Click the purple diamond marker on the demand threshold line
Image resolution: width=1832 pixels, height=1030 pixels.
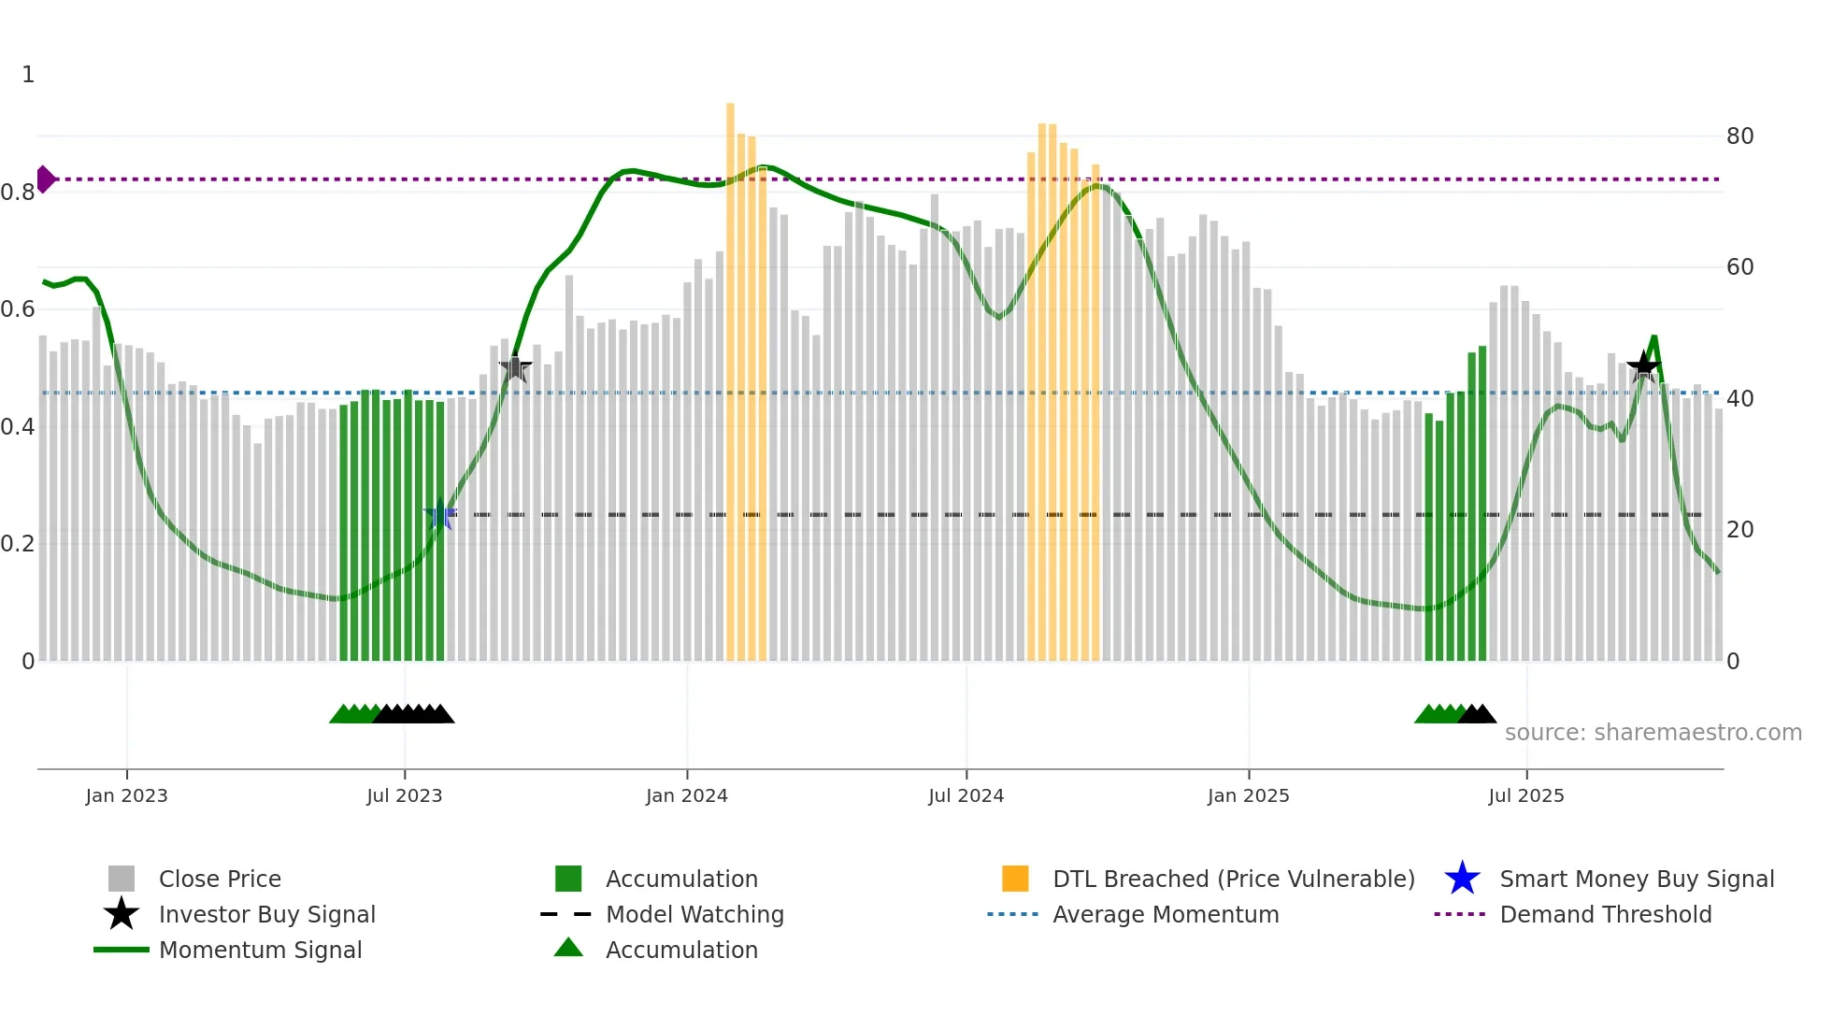pyautogui.click(x=45, y=179)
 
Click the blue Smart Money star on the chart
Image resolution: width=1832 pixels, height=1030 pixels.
pyautogui.click(x=439, y=515)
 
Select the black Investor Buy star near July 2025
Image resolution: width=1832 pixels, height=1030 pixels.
pyautogui.click(x=1643, y=366)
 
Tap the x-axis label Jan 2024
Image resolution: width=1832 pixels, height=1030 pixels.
pyautogui.click(x=686, y=796)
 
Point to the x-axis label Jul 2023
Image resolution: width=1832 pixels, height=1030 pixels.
pyautogui.click(x=404, y=796)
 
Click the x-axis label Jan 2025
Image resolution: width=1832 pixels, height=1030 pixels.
pyautogui.click(x=1248, y=796)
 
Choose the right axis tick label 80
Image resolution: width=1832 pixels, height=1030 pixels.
pyautogui.click(x=1739, y=136)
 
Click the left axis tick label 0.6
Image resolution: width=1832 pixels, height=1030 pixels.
pyautogui.click(x=17, y=309)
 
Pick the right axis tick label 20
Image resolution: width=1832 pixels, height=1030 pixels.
pyautogui.click(x=1739, y=530)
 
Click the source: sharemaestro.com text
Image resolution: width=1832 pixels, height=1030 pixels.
pyautogui.click(x=1653, y=733)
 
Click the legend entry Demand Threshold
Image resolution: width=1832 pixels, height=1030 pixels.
pyautogui.click(x=1605, y=915)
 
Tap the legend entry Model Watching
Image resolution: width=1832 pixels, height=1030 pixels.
pyautogui.click(x=694, y=915)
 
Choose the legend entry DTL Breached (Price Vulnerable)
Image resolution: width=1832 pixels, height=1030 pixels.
pyautogui.click(x=1233, y=880)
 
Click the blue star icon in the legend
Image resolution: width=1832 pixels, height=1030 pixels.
pyautogui.click(x=1462, y=880)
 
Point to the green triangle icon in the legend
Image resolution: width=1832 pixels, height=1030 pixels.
pyautogui.click(x=568, y=949)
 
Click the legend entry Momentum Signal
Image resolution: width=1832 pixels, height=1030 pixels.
pyautogui.click(x=260, y=951)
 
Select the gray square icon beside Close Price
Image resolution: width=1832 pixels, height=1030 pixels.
pyautogui.click(x=122, y=880)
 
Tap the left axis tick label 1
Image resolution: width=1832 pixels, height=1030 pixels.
pyautogui.click(x=28, y=75)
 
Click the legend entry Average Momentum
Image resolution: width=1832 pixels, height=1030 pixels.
pyautogui.click(x=1166, y=915)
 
